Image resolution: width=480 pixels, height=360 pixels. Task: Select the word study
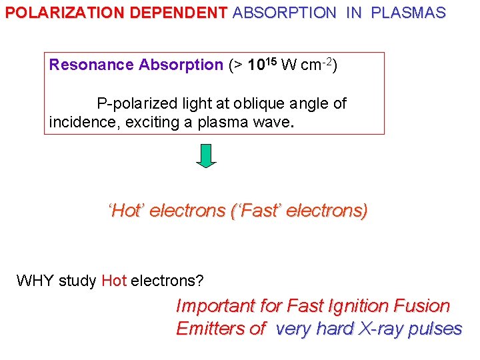tap(78, 281)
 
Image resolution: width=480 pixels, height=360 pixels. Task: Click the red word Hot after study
tap(114, 281)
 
